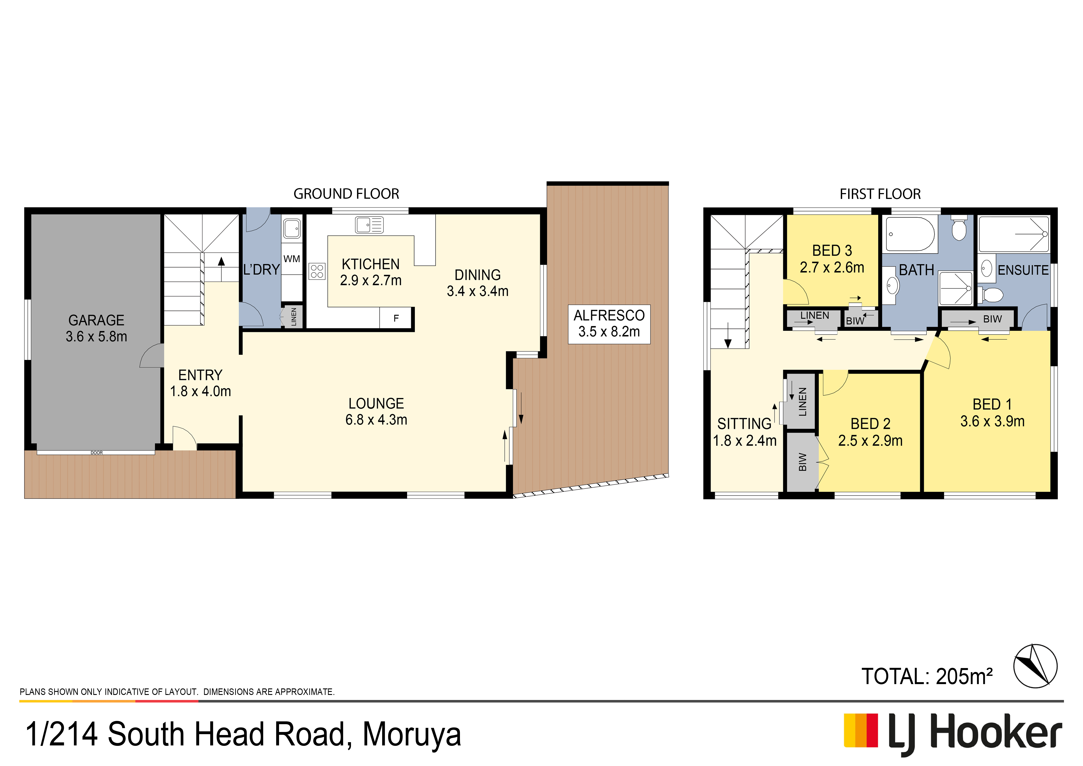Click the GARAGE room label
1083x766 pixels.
pyautogui.click(x=96, y=320)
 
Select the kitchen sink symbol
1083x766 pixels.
pyautogui.click(x=369, y=225)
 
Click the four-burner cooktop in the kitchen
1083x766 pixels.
pyautogui.click(x=317, y=271)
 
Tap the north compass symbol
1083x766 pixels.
pyautogui.click(x=1035, y=666)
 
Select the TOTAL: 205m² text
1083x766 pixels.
pyautogui.click(x=927, y=676)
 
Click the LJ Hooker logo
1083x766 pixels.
pyautogui.click(x=953, y=734)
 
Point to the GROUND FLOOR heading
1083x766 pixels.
pyautogui.click(x=346, y=194)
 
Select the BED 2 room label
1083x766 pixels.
pyautogui.click(x=870, y=424)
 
